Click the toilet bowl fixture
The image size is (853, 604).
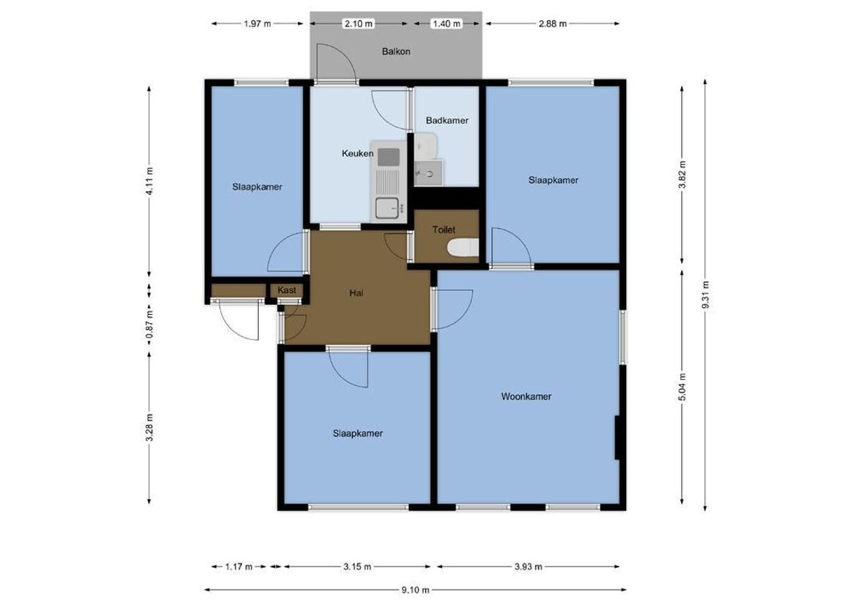(x=462, y=247)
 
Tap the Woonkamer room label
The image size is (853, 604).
(x=526, y=396)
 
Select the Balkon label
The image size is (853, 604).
(x=396, y=52)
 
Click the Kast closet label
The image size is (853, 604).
(x=287, y=290)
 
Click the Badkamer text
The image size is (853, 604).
(x=446, y=120)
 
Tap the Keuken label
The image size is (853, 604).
(x=357, y=153)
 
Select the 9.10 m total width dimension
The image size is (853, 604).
(x=415, y=590)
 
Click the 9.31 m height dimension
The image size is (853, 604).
(x=705, y=295)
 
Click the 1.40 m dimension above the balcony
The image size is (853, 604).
(x=446, y=23)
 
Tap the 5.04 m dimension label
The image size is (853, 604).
(x=683, y=386)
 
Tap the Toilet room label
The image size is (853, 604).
(x=443, y=230)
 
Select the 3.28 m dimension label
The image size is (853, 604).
(x=149, y=427)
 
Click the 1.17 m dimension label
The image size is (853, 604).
(x=238, y=566)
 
